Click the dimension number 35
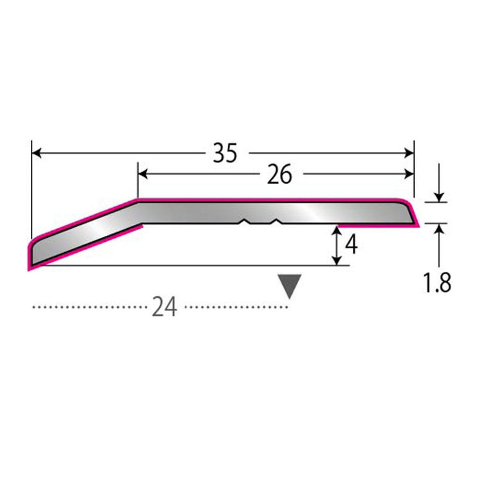point(225,153)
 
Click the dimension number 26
point(279,174)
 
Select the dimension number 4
point(351,245)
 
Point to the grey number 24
point(164,306)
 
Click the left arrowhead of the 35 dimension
point(37,153)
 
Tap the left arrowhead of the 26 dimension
point(143,174)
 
